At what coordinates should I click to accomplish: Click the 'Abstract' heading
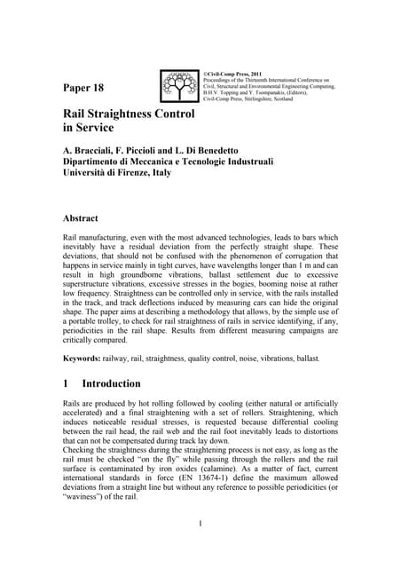pyautogui.click(x=86, y=217)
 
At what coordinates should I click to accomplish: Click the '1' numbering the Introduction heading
pyautogui.click(x=67, y=384)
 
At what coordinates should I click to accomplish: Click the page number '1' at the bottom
pyautogui.click(x=200, y=548)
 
